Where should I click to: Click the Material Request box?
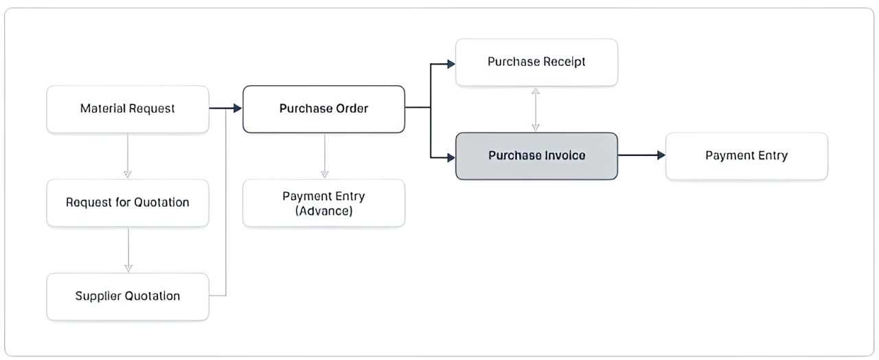[x=128, y=109]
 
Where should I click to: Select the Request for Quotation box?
[x=128, y=203]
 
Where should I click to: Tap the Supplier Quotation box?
[x=128, y=296]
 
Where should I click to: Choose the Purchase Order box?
[x=323, y=109]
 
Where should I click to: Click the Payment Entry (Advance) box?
[x=323, y=203]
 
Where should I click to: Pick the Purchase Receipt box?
[x=536, y=62]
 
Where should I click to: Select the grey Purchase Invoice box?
[x=536, y=156]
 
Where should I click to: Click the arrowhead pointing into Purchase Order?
[x=238, y=109]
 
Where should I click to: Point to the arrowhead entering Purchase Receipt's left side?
[x=450, y=64]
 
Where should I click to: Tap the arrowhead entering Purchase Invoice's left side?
[x=450, y=157]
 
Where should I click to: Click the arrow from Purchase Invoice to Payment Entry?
[x=641, y=156]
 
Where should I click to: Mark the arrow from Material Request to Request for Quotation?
[x=128, y=155]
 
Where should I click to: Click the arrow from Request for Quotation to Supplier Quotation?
[x=128, y=249]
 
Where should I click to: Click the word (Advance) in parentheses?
[x=323, y=210]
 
